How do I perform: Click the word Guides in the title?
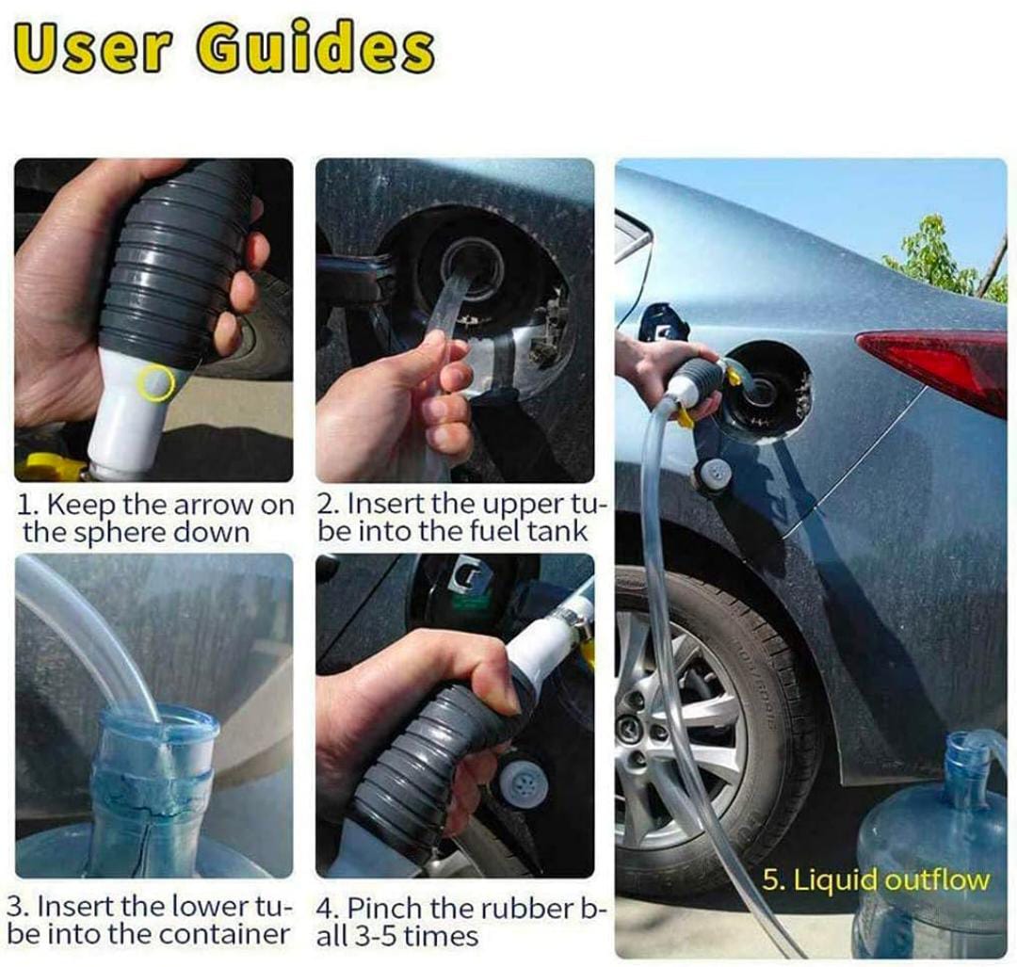pos(316,50)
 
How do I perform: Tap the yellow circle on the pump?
pos(156,381)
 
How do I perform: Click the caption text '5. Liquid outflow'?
pos(876,880)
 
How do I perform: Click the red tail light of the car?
pos(939,366)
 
